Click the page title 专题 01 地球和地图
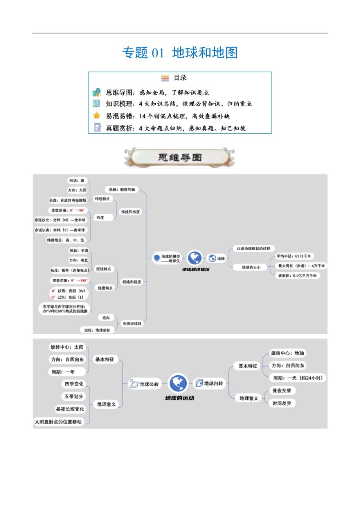(180, 52)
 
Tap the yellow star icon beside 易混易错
(97, 115)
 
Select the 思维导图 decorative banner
(180, 158)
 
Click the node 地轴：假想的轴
(122, 189)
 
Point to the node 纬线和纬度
(130, 212)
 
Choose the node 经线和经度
(131, 282)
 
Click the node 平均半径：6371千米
(293, 256)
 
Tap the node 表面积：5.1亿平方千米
(298, 276)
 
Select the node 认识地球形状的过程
(253, 249)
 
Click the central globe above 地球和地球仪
(194, 258)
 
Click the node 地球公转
(145, 384)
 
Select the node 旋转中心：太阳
(67, 347)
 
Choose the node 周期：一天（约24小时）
(299, 378)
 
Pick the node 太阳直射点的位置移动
(58, 422)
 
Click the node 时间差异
(282, 403)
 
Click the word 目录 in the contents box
(180, 78)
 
